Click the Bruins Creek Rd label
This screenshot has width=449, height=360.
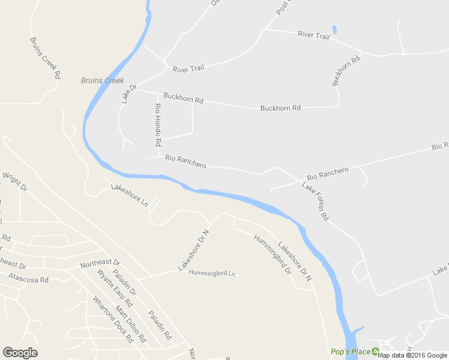click(46, 58)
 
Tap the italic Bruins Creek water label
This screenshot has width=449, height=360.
click(103, 80)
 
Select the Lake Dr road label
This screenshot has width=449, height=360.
click(128, 94)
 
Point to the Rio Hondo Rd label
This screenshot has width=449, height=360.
click(158, 125)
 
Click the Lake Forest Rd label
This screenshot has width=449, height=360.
click(315, 202)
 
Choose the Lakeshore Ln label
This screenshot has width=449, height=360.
click(129, 196)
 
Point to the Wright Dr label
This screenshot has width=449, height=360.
click(15, 182)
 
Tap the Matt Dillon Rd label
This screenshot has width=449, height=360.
click(130, 323)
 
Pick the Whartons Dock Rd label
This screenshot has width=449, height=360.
click(112, 319)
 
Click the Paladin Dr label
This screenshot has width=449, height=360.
click(125, 282)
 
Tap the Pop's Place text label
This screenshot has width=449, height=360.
click(350, 352)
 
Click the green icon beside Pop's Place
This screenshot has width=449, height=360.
click(376, 352)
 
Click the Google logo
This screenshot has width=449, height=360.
click(20, 353)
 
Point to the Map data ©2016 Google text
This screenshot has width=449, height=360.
click(412, 355)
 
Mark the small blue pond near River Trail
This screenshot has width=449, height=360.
click(334, 29)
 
